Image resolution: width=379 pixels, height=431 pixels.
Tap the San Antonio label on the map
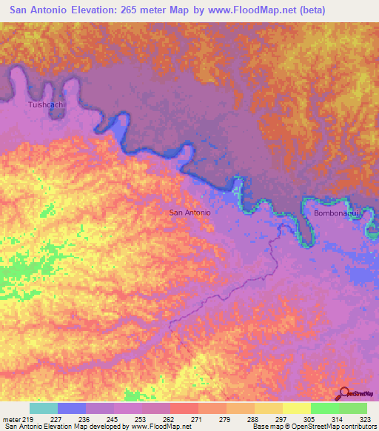tap(190, 213)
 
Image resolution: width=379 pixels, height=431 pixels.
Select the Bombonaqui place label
tap(337, 213)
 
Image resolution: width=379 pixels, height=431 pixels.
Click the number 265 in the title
tap(131, 11)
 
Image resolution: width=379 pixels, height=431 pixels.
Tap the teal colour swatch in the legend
tap(44, 408)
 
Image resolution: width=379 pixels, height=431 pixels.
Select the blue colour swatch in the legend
tap(72, 408)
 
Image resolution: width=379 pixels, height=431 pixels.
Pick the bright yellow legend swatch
tap(297, 408)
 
